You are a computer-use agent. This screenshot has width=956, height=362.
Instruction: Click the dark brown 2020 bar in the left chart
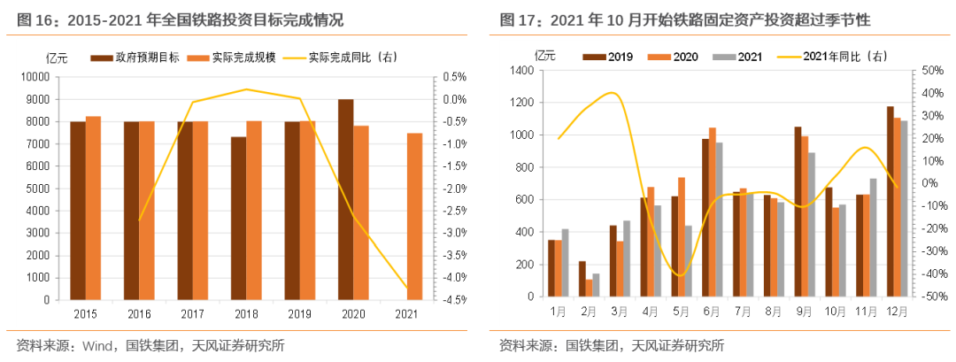[345, 199]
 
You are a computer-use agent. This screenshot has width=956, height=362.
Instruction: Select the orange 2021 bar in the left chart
[414, 216]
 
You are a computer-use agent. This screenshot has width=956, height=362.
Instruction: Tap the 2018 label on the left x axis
[246, 313]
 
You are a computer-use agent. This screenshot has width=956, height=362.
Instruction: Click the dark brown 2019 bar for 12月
[890, 203]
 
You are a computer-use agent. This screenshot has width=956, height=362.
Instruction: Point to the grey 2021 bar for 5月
[688, 262]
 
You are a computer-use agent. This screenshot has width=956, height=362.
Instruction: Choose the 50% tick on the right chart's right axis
[929, 71]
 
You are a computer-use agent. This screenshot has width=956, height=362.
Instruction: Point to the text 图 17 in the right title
[515, 19]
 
